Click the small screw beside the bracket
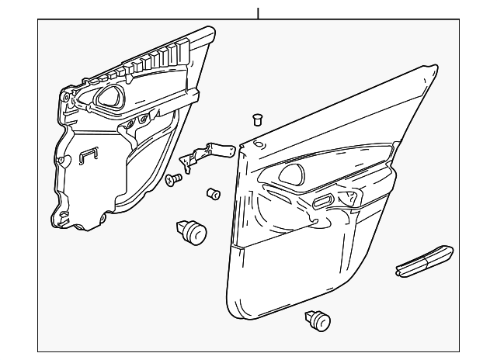(173, 180)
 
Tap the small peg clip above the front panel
(258, 119)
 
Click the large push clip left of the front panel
(192, 230)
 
